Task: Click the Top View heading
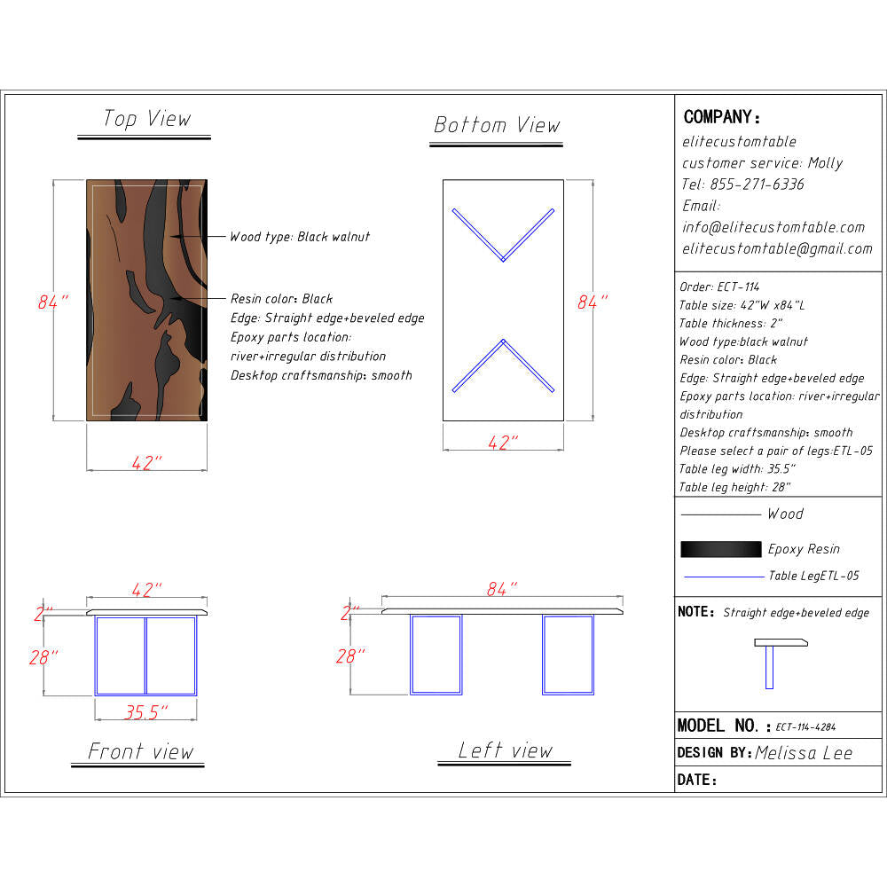146,119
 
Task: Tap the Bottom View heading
497,125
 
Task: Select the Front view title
140,751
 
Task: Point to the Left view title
506,750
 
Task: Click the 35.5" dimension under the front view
146,711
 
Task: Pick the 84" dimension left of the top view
53,302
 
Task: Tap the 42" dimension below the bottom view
503,443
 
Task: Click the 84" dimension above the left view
502,589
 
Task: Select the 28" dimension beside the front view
43,657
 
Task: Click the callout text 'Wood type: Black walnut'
300,237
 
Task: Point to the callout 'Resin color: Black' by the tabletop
281,298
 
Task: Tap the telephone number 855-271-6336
757,184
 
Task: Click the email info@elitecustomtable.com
773,227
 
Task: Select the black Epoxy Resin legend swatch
720,549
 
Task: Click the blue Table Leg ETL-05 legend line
724,577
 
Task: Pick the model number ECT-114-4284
805,727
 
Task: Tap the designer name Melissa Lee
804,753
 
